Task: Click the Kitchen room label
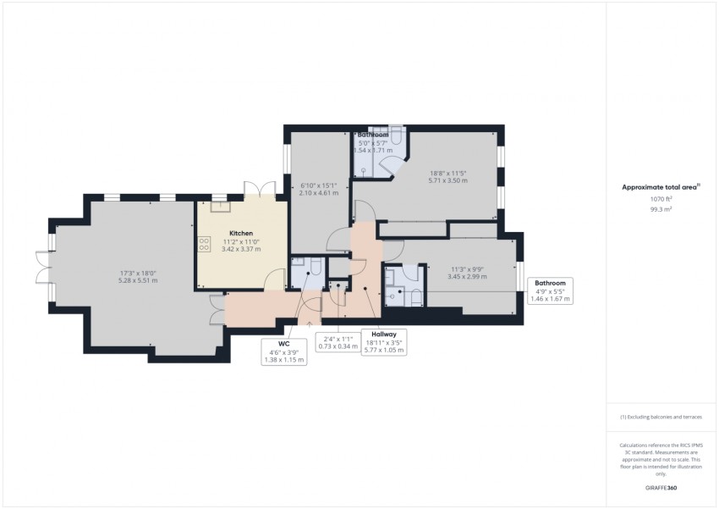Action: click(240, 232)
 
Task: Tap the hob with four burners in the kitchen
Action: click(204, 244)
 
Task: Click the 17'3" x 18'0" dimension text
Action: click(138, 276)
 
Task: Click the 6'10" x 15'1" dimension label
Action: click(318, 189)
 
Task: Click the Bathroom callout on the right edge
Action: click(549, 290)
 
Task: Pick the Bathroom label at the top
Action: click(373, 135)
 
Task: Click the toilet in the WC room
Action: click(313, 268)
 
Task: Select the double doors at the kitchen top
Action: click(257, 189)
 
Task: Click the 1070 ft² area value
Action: click(661, 197)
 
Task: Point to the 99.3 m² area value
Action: click(661, 207)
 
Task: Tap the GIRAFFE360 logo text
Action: click(661, 489)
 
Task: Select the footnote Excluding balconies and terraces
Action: click(661, 417)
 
